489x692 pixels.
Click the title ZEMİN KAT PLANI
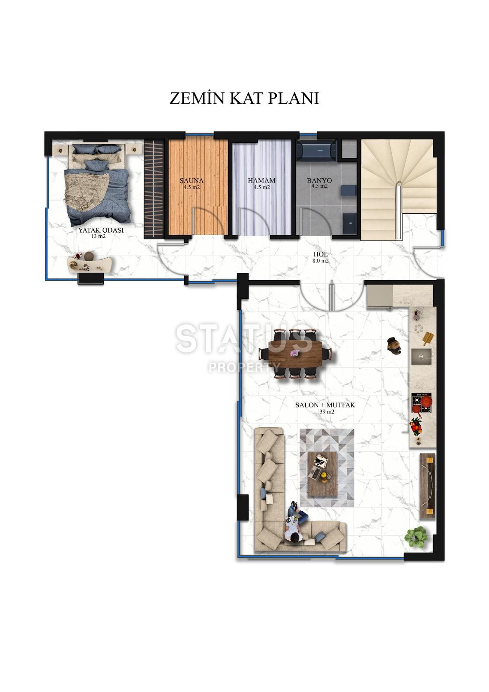coord(244,98)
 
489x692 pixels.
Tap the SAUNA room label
coord(192,181)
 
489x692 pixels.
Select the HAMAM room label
coord(262,181)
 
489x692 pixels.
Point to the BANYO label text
coord(319,181)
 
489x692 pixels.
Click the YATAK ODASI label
coord(101,231)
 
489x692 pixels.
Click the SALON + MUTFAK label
coord(325,405)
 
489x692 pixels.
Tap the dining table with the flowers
coord(295,354)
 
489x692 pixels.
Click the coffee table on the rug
coord(322,474)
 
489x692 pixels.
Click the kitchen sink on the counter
coord(421,357)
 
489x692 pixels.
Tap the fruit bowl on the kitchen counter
coord(416,426)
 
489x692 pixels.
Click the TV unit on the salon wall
coord(428,486)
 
